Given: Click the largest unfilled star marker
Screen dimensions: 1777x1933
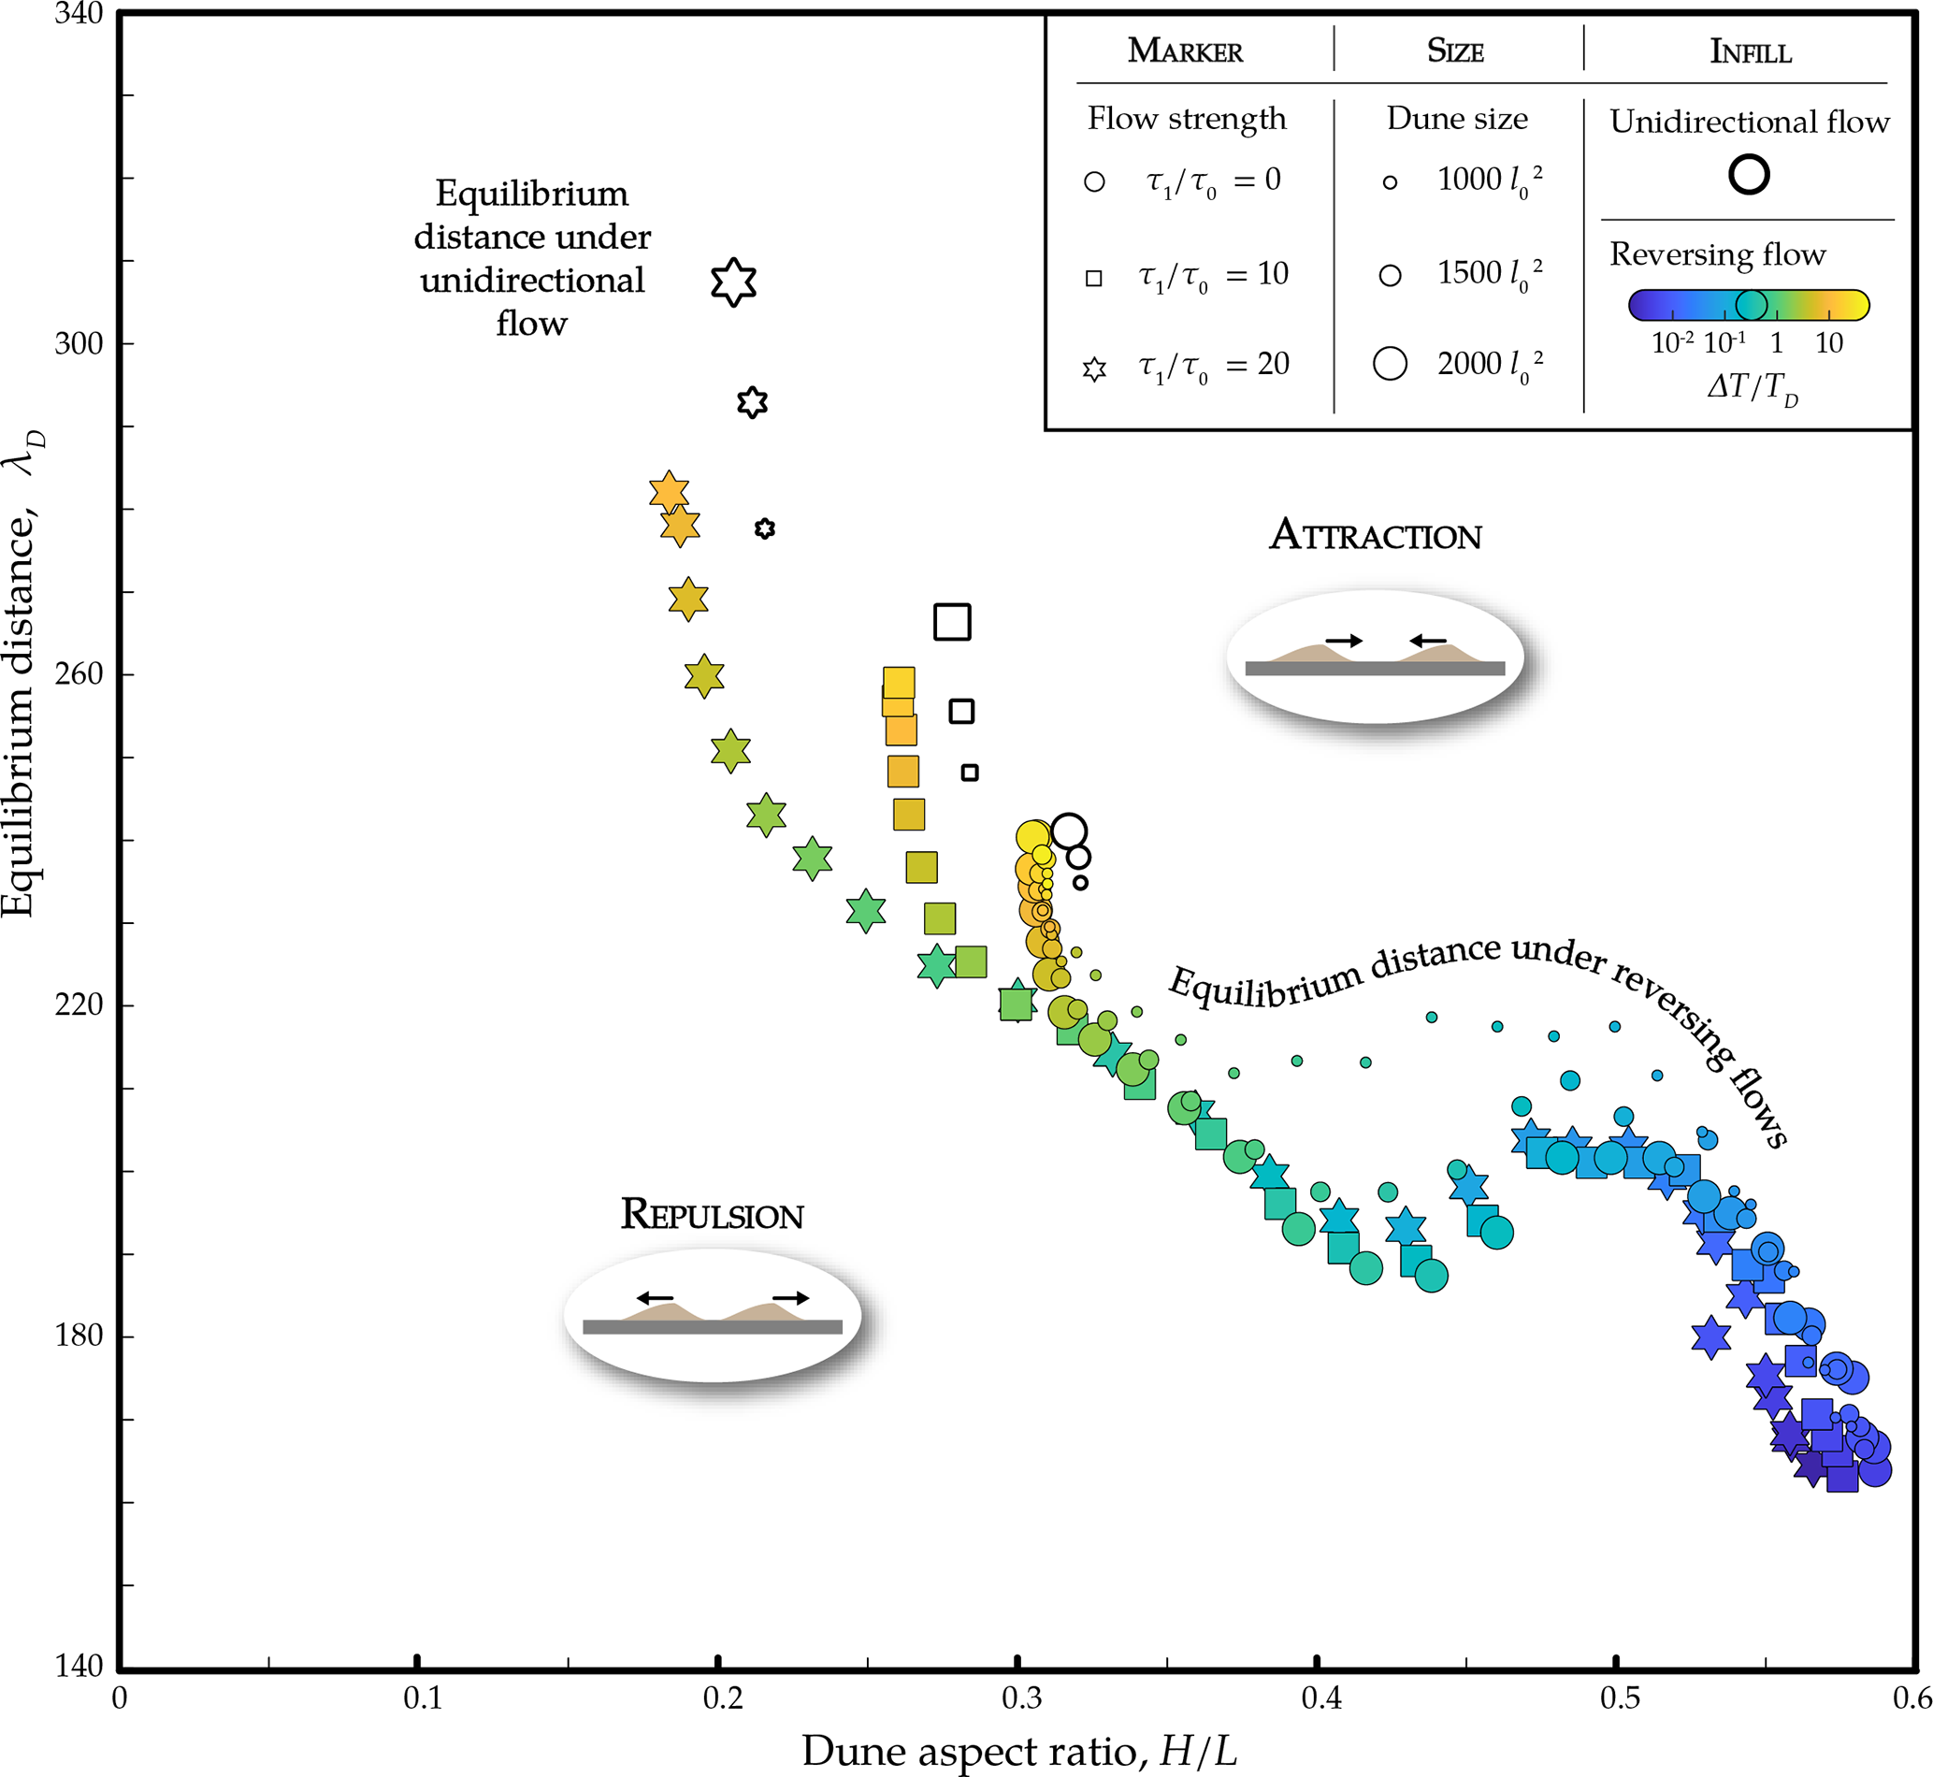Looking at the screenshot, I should [734, 282].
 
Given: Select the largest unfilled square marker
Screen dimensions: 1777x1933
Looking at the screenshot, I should [952, 622].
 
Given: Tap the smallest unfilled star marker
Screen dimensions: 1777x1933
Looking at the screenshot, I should [765, 528].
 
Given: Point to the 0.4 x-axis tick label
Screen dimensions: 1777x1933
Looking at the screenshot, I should [1321, 1698].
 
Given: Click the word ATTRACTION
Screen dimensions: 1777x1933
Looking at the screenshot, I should [1376, 536].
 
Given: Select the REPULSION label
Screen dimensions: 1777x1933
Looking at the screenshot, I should [712, 1215].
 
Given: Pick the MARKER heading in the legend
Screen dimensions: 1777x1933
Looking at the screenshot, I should [1185, 51].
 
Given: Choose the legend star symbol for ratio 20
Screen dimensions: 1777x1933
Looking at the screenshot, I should [1094, 369].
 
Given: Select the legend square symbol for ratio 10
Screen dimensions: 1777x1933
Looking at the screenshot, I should [1093, 279].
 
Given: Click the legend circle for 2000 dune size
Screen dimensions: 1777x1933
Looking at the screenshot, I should [1391, 364].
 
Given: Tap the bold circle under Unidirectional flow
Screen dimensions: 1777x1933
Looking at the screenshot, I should [1749, 175].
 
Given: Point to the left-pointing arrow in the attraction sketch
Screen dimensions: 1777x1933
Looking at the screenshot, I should [1428, 641].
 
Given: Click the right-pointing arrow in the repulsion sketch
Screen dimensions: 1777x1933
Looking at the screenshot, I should [790, 1298].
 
